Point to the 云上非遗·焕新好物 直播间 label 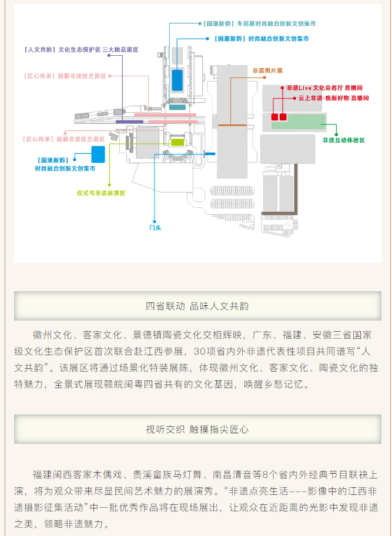[333, 98]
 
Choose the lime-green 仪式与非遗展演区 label [101, 193]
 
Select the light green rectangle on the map [306, 122]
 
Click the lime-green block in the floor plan [177, 141]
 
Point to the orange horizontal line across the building [232, 125]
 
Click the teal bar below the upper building [177, 107]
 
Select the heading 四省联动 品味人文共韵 [197, 306]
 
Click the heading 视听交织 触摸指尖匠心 [197, 429]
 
